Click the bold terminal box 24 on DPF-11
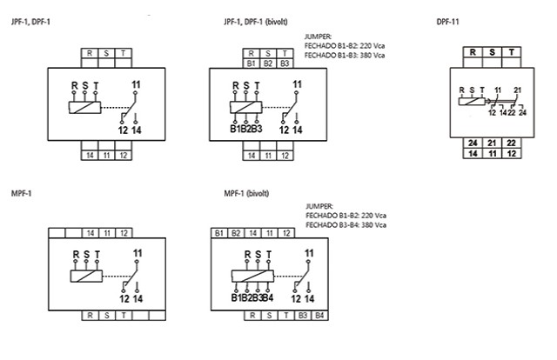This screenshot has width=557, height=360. pyautogui.click(x=473, y=142)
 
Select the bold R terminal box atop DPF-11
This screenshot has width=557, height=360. pyautogui.click(x=473, y=52)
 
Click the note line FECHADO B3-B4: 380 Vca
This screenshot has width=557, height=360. pyautogui.click(x=346, y=225)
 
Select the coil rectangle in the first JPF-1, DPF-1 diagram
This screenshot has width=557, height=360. pyautogui.click(x=84, y=109)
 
